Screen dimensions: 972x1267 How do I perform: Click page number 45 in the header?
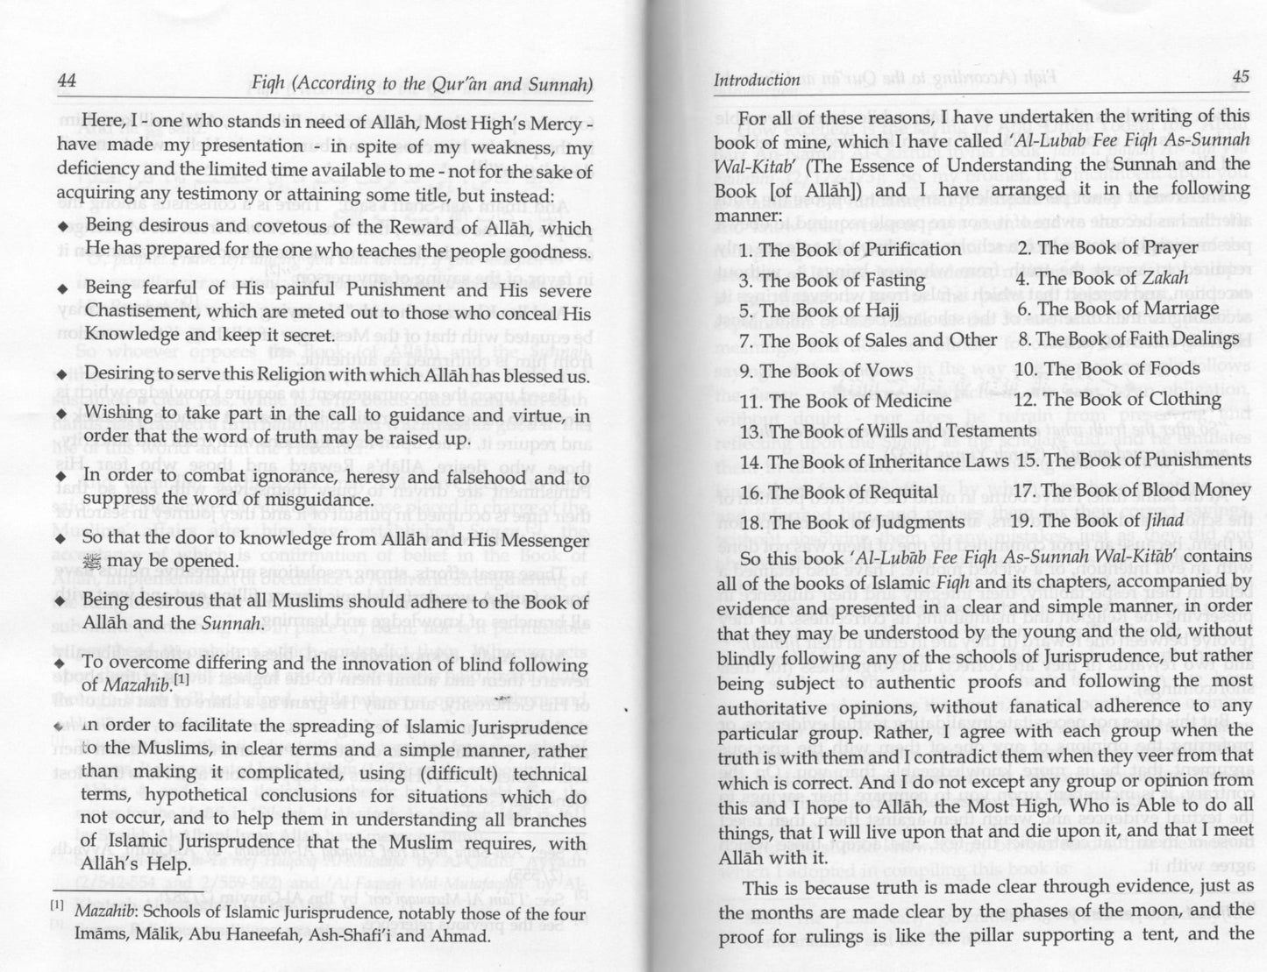1240,76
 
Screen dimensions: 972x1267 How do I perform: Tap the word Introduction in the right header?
757,80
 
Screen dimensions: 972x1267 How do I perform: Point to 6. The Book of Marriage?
1117,309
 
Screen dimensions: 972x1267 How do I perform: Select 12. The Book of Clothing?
1121,400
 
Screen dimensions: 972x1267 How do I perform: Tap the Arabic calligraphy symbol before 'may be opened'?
92,561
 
